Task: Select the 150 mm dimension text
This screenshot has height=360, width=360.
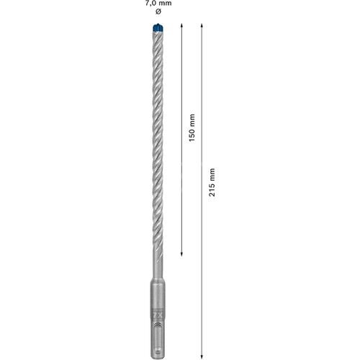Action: point(191,127)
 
